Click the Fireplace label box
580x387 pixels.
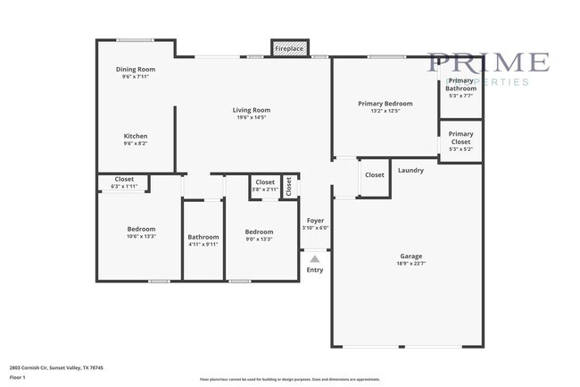[289, 48]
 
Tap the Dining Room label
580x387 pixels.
[136, 70]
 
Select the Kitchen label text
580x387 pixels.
[136, 136]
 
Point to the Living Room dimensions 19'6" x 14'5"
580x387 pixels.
[253, 117]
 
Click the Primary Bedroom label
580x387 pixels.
[385, 104]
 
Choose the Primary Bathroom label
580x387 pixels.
[461, 84]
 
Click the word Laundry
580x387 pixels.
[410, 170]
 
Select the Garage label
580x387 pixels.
[410, 256]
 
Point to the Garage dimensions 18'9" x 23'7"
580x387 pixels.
[410, 264]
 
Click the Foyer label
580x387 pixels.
[315, 220]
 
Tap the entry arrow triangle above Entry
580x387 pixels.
[315, 258]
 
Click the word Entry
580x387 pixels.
[315, 269]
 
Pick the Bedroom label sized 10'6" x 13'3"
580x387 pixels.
[141, 229]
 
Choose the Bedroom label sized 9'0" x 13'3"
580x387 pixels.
[259, 232]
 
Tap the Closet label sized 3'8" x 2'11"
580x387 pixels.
[265, 182]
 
